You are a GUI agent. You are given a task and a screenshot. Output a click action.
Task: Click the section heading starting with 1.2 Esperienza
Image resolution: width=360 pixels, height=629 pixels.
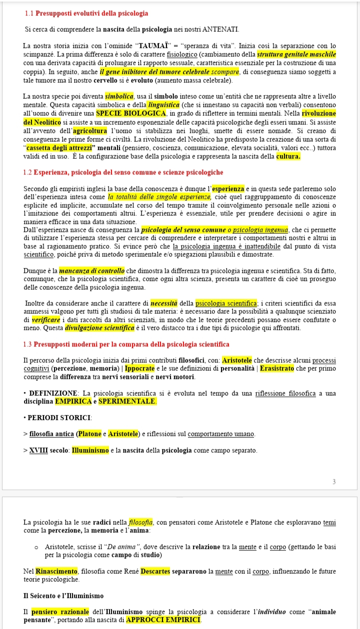tap(123, 172)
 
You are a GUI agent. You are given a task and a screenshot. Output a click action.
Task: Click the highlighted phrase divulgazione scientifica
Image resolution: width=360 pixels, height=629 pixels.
tap(106, 328)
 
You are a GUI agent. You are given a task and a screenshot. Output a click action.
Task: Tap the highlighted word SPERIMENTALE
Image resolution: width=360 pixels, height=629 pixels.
tap(127, 401)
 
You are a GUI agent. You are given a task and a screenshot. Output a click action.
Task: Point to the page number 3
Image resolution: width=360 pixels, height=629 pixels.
tap(334, 481)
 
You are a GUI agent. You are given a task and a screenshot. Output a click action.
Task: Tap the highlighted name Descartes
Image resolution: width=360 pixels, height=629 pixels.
tap(155, 571)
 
